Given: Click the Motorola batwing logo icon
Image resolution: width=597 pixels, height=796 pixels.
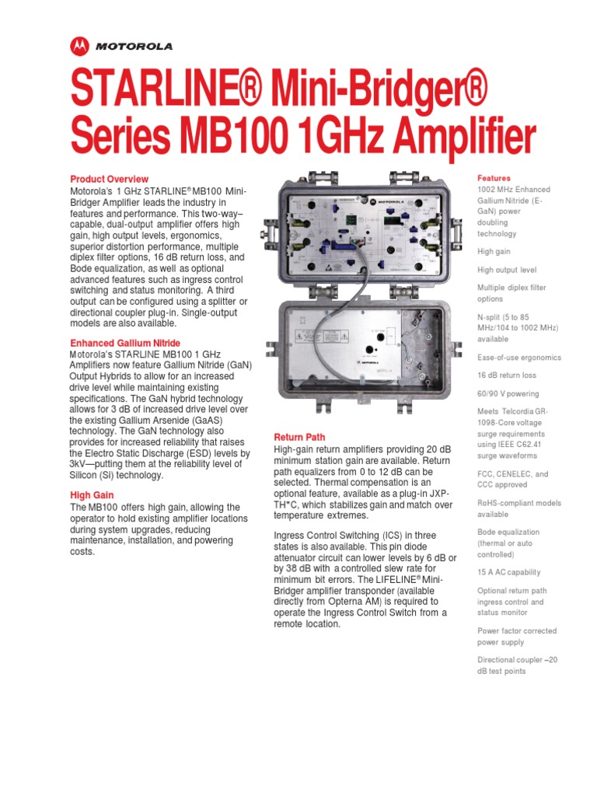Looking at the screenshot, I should (x=79, y=47).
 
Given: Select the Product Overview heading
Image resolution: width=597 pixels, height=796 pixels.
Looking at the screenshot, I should (x=109, y=179).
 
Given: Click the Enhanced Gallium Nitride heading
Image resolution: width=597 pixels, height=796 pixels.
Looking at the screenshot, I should (x=125, y=343).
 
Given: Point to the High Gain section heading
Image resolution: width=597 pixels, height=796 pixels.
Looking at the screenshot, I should (x=92, y=495).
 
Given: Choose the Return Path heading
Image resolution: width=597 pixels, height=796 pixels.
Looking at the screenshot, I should (x=300, y=438).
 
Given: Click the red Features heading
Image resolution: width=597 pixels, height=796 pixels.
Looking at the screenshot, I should (x=494, y=178).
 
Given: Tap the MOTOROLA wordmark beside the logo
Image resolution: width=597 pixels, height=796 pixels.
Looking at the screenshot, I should (x=134, y=47).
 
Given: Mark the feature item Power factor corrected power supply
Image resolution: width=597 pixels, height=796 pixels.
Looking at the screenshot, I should (x=517, y=637).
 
